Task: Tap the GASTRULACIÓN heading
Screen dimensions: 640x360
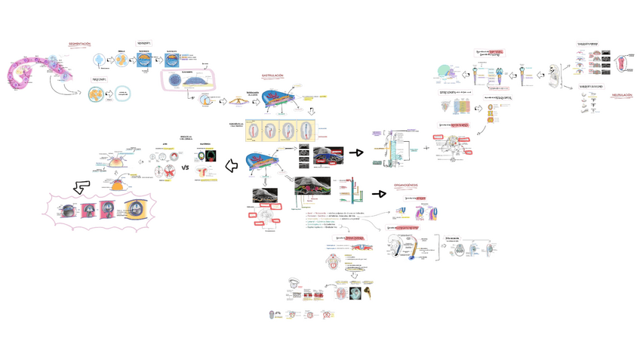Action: pyautogui.click(x=272, y=75)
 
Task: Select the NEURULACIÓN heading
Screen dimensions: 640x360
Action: pyautogui.click(x=622, y=95)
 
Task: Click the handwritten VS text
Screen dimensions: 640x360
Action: pyautogui.click(x=185, y=168)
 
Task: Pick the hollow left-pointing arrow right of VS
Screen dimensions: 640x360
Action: pyautogui.click(x=231, y=166)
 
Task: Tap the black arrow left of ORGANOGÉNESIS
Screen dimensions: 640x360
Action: pyautogui.click(x=379, y=194)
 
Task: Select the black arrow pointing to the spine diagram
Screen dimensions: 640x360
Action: pyautogui.click(x=356, y=152)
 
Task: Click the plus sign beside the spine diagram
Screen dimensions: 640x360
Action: pyautogui.click(x=426, y=148)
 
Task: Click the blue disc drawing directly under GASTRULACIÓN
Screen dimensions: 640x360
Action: pyautogui.click(x=276, y=100)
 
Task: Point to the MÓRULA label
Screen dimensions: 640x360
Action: pyautogui.click(x=122, y=51)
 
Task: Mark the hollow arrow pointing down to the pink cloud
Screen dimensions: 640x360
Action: pyautogui.click(x=80, y=186)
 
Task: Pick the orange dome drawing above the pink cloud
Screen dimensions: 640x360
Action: pyautogui.click(x=121, y=184)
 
